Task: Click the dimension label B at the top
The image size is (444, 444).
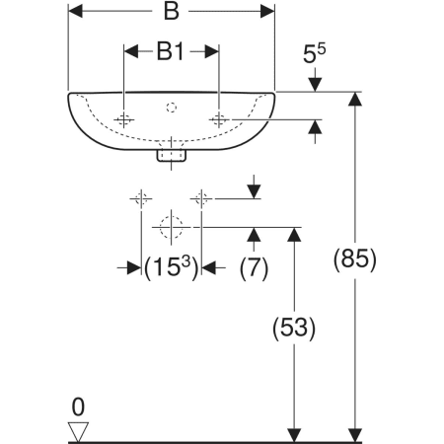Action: coord(172,12)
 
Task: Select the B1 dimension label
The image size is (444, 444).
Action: coord(170,51)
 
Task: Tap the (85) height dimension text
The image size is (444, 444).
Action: coord(354,259)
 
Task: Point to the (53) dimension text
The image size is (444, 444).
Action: coord(294,328)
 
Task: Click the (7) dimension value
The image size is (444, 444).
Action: coord(254,268)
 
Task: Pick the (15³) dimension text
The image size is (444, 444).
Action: coord(172,268)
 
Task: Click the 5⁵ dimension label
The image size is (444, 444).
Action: coord(314,53)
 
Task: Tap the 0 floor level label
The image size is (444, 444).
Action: coord(78,407)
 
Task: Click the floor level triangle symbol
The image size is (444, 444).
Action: coord(78,432)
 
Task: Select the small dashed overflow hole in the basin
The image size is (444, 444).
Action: coord(171,108)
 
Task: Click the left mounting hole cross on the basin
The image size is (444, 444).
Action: coord(123,119)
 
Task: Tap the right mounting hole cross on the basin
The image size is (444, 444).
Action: coord(219,119)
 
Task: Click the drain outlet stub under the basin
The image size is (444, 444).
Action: coord(172,155)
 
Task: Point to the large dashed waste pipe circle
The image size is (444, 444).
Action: coord(171,227)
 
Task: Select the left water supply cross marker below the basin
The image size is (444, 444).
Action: coord(141,199)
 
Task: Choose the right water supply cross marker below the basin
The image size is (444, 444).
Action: coord(201,199)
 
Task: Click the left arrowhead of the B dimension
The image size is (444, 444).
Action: coord(75,12)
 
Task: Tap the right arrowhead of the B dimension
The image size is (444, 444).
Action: coord(267,12)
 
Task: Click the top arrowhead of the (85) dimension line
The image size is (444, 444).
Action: coord(355,99)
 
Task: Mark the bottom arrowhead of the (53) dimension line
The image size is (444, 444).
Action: coord(294,435)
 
